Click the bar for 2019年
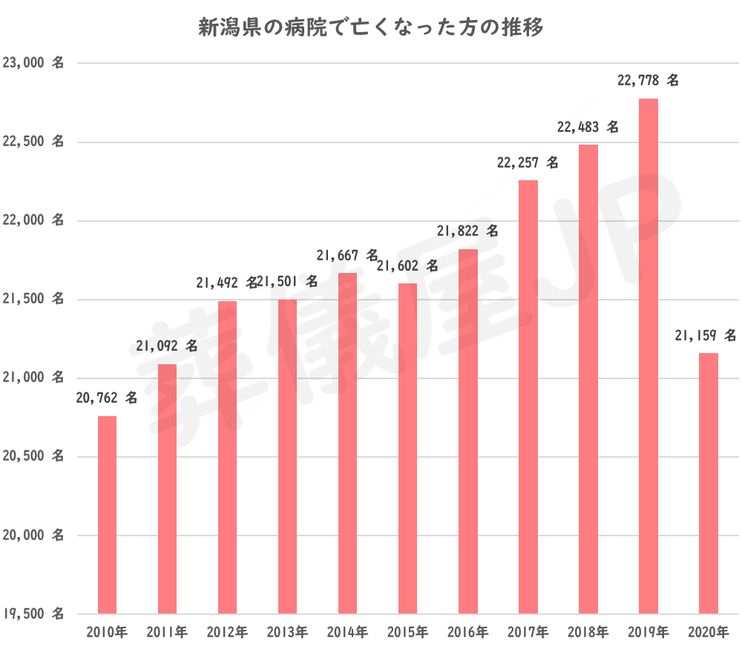click(x=649, y=356)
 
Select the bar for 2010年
click(x=108, y=515)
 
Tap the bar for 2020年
click(x=709, y=483)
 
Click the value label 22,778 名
click(x=648, y=81)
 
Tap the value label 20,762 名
click(x=107, y=398)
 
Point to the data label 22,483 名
click(x=588, y=127)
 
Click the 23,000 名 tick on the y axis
click(x=33, y=64)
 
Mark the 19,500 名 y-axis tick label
click(x=33, y=614)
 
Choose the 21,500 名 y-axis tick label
click(x=33, y=300)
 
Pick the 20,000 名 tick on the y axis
click(x=33, y=536)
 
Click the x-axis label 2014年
click(x=347, y=633)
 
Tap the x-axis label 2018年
click(x=588, y=633)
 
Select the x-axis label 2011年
click(x=167, y=633)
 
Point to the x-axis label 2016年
click(x=467, y=633)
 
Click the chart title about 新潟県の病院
click(x=371, y=28)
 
